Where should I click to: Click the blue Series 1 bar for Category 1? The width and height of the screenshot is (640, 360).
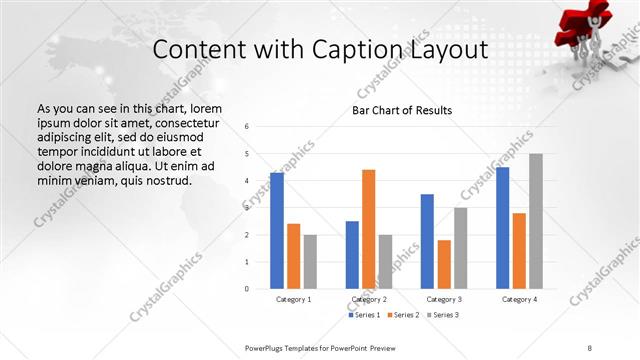pyautogui.click(x=277, y=230)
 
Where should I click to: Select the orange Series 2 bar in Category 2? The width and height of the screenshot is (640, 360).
pyautogui.click(x=368, y=229)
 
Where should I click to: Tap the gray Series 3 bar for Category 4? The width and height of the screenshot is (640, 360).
pyautogui.click(x=536, y=221)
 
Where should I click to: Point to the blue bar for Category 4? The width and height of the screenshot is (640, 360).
pyautogui.click(x=502, y=228)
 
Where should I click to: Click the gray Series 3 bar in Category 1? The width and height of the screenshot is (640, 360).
pyautogui.click(x=310, y=262)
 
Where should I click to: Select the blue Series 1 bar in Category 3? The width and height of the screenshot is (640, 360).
pyautogui.click(x=427, y=241)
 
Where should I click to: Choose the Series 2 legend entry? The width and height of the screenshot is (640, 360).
pyautogui.click(x=402, y=315)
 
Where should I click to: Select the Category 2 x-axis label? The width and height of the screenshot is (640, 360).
pyautogui.click(x=369, y=299)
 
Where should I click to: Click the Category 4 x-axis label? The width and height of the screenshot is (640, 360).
pyautogui.click(x=519, y=299)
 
